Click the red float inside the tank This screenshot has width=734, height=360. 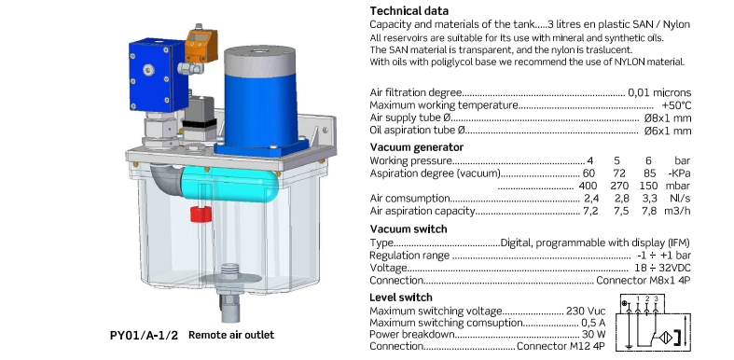(201, 215)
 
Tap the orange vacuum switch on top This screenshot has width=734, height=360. (201, 45)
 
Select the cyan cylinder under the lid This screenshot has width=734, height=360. (229, 184)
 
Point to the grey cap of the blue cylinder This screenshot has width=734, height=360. (259, 61)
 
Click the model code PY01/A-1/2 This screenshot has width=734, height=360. (145, 335)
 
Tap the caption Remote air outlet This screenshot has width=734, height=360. (231, 335)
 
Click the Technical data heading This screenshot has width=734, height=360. (409, 11)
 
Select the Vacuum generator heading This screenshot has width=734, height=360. (417, 147)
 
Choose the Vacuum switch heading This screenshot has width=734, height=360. (409, 228)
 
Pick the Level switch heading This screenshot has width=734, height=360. (401, 298)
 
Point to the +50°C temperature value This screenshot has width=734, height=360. (676, 105)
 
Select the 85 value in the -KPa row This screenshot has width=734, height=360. (648, 173)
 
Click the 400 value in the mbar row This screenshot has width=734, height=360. (588, 186)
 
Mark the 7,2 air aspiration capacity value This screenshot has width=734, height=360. (590, 211)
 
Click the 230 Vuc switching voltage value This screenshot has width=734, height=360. (586, 311)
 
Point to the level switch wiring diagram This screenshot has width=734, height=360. (656, 322)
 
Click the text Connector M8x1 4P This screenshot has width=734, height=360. (644, 281)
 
